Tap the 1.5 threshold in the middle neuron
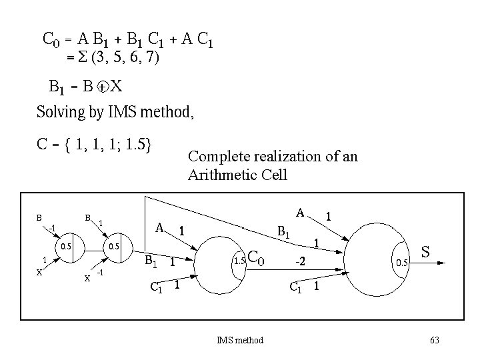(x=240, y=261)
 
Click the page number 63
(x=435, y=341)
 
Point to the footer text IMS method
(x=240, y=341)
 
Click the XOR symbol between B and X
(x=101, y=87)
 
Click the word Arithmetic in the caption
(x=221, y=175)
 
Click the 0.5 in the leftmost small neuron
(x=67, y=247)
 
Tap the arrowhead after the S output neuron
(x=441, y=264)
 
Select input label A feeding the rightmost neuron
(x=301, y=213)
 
